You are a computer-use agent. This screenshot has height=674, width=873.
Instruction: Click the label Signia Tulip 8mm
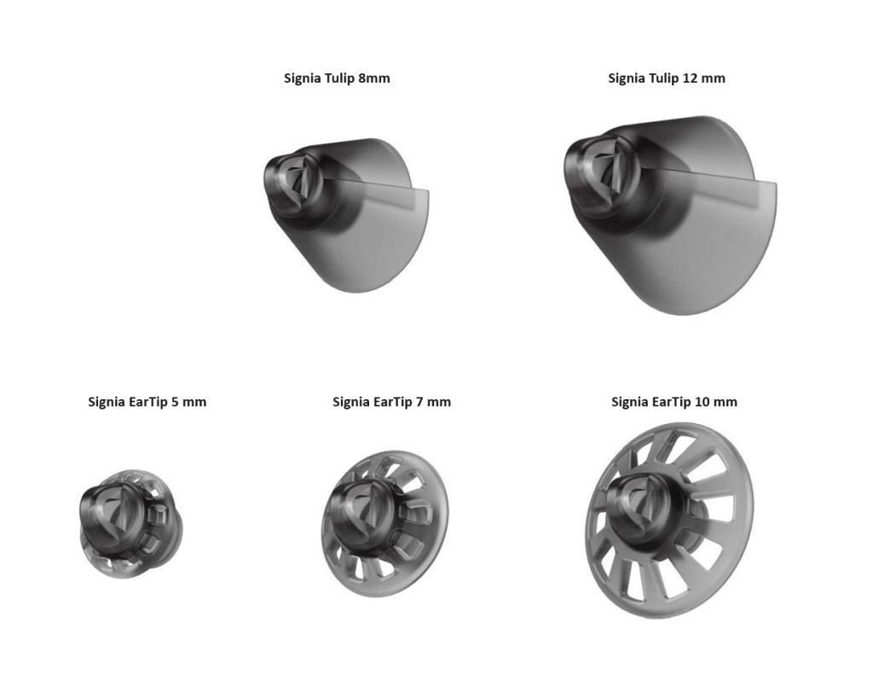point(337,78)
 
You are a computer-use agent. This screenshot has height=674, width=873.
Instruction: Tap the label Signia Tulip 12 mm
point(667,78)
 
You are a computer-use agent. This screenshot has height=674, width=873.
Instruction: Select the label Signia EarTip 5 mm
point(147,402)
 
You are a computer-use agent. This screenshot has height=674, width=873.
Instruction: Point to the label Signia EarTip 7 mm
point(391,402)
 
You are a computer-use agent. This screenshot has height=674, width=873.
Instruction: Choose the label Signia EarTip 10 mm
point(674,402)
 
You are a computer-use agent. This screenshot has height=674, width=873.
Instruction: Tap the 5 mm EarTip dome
point(130,524)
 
